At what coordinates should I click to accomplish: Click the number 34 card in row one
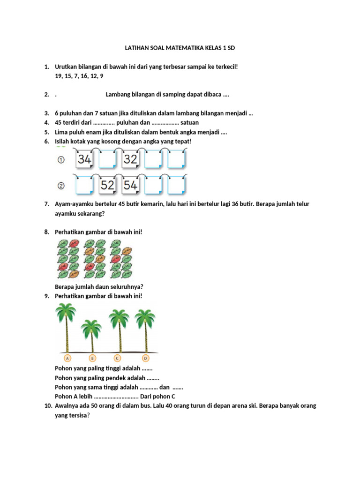85,160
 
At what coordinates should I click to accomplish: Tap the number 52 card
107,185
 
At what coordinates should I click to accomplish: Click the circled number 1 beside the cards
61,161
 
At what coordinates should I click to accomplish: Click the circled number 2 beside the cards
61,186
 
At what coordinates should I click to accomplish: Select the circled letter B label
92,358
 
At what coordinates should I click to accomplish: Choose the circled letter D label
146,358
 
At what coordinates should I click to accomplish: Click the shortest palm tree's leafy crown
92,327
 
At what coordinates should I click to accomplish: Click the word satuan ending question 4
189,122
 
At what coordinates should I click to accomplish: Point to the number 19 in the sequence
59,76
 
